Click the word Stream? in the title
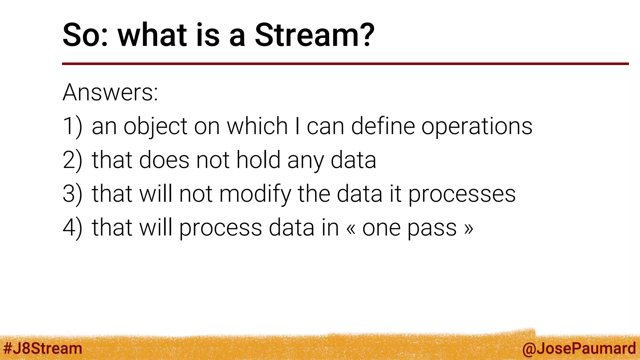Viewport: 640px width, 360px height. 314,35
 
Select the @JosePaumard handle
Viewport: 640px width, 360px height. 579,348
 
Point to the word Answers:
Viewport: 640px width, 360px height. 110,92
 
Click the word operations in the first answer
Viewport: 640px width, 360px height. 477,127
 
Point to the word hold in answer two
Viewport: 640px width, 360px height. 258,160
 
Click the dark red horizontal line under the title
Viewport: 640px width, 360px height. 344,64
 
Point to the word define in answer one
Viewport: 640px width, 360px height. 383,126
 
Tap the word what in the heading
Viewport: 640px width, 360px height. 152,35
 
